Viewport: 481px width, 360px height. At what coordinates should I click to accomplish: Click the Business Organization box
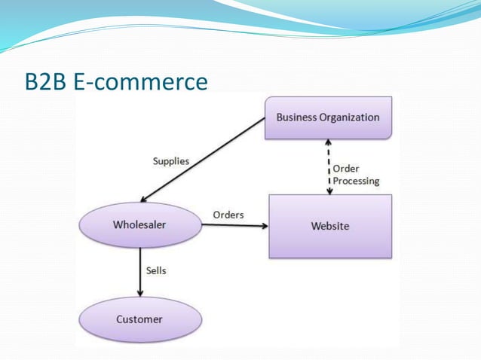(328, 117)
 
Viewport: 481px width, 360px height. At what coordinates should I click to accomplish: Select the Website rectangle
(330, 226)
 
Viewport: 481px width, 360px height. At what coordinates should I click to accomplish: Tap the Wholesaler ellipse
(139, 224)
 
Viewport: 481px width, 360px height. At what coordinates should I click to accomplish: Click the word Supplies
(170, 161)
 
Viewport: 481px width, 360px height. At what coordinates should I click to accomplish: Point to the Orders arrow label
(228, 215)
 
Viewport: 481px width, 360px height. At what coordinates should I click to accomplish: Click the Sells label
(155, 270)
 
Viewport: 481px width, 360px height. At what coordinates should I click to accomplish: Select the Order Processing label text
(356, 175)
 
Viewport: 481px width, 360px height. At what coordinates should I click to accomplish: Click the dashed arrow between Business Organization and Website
(328, 167)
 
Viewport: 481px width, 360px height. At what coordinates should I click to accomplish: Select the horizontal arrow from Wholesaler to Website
(234, 225)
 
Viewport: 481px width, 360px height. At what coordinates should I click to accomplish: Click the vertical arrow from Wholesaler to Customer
(139, 271)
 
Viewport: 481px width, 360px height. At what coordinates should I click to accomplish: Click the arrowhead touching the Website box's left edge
(264, 225)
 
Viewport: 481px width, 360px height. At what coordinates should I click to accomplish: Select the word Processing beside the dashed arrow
(356, 181)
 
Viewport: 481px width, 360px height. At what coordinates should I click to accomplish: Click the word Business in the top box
(296, 117)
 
